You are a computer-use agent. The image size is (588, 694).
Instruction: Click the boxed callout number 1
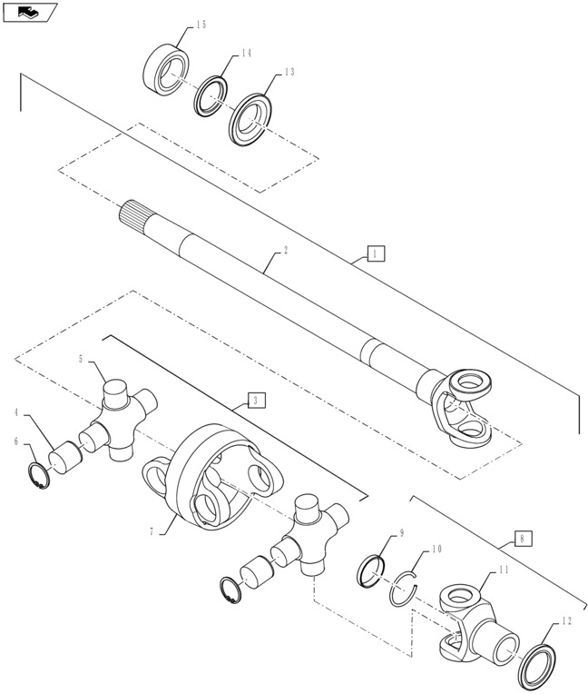tap(376, 254)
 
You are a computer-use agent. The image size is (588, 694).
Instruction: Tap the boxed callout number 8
tap(522, 538)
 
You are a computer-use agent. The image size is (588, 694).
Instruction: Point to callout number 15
tap(201, 25)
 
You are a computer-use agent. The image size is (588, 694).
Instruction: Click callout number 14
tap(245, 55)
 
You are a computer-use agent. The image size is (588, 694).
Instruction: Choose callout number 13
tap(289, 72)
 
